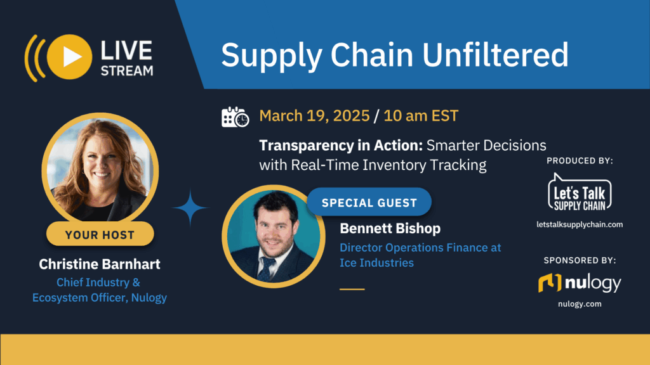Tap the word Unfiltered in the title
click(495, 56)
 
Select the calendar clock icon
click(235, 117)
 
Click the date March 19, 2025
click(314, 117)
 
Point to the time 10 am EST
click(422, 117)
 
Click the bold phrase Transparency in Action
click(340, 145)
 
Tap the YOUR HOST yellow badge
click(100, 234)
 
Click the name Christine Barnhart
click(100, 263)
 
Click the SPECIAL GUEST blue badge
click(369, 203)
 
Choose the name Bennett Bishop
click(390, 227)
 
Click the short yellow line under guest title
click(352, 289)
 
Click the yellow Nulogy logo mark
click(550, 283)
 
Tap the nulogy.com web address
click(580, 304)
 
